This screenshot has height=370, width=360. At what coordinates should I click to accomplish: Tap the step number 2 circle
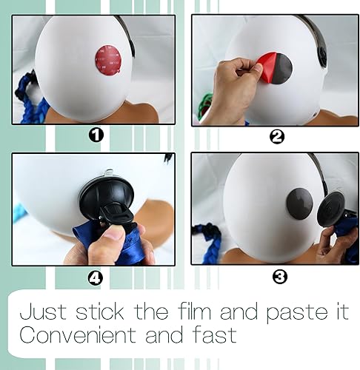point(276,135)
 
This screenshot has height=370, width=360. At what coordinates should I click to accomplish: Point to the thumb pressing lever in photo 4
point(113,235)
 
